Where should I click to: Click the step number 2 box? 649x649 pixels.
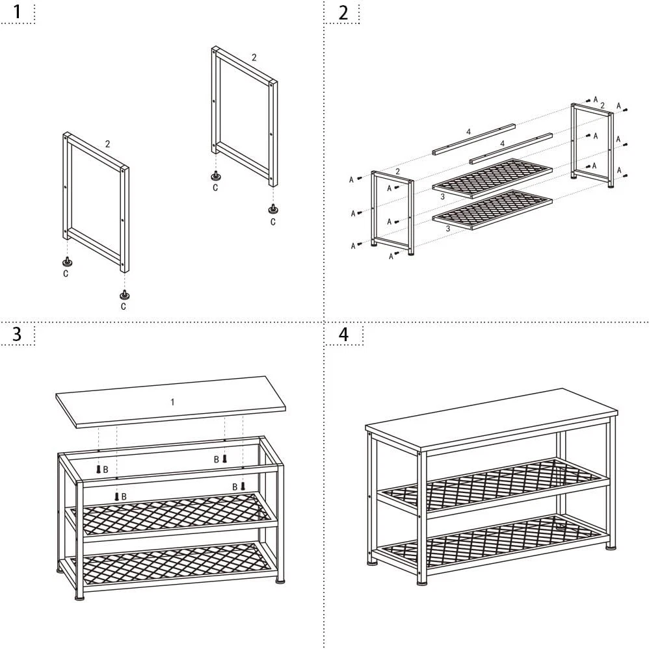(x=343, y=12)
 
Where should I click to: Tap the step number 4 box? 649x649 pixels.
(x=343, y=334)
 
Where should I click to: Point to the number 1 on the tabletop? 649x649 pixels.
(x=172, y=402)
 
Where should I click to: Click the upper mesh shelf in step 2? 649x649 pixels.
(x=492, y=176)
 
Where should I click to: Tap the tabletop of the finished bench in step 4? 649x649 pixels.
(x=494, y=416)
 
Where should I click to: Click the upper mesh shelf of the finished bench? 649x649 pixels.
(x=494, y=484)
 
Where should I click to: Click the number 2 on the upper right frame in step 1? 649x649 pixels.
(x=254, y=57)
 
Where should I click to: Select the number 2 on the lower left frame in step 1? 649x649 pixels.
(x=107, y=144)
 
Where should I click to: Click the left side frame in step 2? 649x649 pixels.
(x=392, y=211)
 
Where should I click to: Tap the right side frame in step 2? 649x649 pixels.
(x=592, y=143)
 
